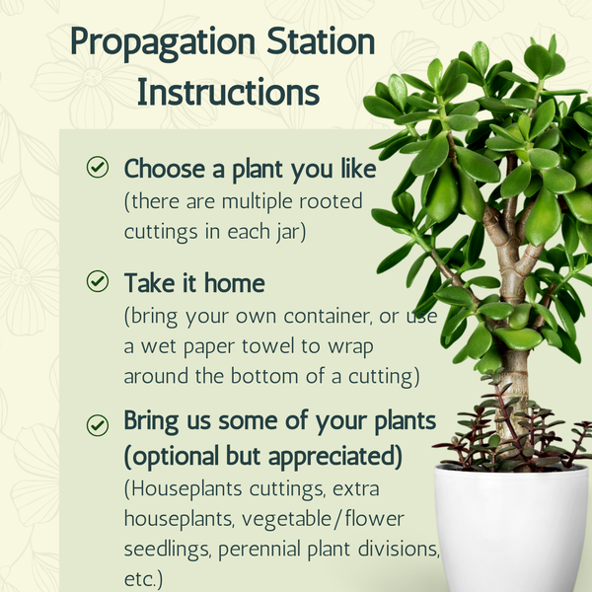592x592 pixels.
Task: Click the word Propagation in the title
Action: click(163, 43)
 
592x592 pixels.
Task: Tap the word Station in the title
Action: click(321, 40)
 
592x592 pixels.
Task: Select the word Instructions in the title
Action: click(228, 92)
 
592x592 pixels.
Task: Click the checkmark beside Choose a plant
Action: click(98, 167)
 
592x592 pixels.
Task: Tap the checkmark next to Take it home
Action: click(98, 281)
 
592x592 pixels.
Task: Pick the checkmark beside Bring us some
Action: click(98, 425)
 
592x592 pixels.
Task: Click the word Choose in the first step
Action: click(165, 169)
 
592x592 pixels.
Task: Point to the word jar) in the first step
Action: click(291, 232)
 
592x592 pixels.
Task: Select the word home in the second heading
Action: click(235, 283)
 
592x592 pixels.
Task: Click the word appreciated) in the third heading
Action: click(334, 456)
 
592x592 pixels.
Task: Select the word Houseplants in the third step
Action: click(183, 489)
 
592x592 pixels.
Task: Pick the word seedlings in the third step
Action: click(167, 550)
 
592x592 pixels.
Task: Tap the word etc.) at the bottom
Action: click(143, 578)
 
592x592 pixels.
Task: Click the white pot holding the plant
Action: click(511, 529)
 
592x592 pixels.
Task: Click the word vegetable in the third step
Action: click(286, 520)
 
